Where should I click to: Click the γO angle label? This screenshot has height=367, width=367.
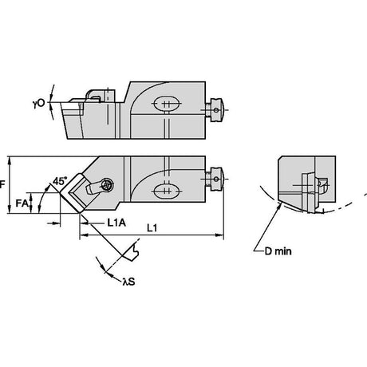point(39,104)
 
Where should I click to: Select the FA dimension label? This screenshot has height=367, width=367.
point(22,203)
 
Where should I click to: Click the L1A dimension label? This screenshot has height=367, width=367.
point(116,223)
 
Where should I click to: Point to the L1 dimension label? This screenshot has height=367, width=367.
point(152,228)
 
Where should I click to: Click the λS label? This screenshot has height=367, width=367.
point(128,282)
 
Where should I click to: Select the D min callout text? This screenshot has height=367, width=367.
point(278,251)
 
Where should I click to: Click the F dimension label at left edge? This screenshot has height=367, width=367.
point(2,184)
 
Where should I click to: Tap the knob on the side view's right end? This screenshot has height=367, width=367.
point(215,110)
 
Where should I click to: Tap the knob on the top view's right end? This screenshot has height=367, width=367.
point(215,179)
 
